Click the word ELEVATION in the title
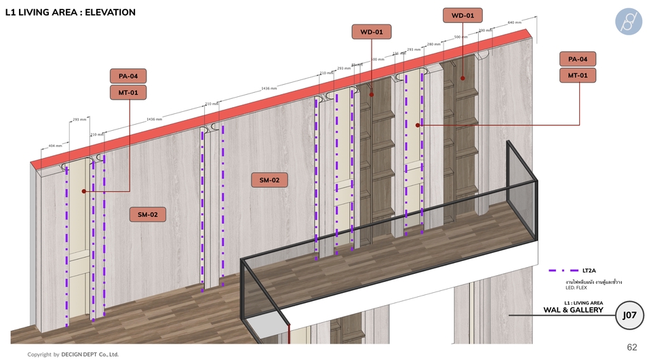106,12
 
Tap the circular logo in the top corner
628,22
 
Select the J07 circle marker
629,315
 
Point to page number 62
632,347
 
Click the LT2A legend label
589,271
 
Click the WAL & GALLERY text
573,310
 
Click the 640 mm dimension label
514,22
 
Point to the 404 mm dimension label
56,145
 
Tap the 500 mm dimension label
460,37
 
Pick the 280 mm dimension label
434,44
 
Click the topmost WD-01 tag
462,15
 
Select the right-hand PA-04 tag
578,60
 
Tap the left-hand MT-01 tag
128,92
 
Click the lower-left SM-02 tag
148,215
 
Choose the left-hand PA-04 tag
128,77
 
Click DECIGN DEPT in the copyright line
90,354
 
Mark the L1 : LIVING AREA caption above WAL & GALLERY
583,302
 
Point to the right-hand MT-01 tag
578,75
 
